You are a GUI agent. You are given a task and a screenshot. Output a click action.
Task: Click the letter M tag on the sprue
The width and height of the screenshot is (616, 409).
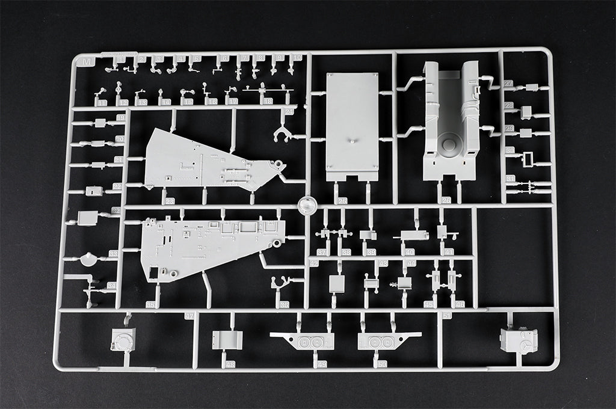pyautogui.click(x=88, y=61)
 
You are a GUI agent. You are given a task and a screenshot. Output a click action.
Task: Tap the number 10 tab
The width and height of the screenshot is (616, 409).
pyautogui.click(x=296, y=58)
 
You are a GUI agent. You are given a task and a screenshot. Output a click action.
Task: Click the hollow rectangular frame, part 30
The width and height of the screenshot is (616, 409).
pyautogui.click(x=528, y=159)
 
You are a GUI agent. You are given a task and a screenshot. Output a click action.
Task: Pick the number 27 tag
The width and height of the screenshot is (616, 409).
pyautogui.click(x=509, y=84)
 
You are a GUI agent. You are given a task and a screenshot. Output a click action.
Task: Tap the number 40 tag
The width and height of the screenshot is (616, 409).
pyautogui.click(x=410, y=252)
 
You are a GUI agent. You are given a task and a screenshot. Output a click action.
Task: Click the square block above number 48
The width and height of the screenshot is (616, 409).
pyautogui.click(x=227, y=340)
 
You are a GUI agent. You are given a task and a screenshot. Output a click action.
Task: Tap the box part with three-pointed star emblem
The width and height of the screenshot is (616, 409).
pyautogui.click(x=519, y=341)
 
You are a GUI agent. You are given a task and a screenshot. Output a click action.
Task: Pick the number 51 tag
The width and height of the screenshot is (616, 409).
pyautogui.click(x=446, y=315)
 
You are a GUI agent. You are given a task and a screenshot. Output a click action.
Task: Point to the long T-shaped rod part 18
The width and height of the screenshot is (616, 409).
pyautogui.click(x=268, y=91)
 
